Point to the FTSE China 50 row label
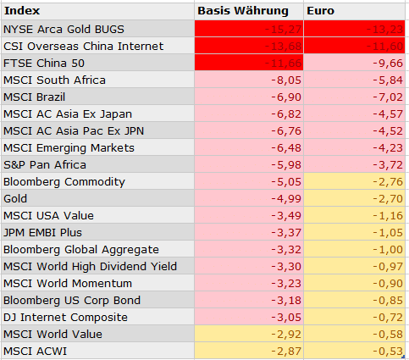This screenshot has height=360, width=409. [x=45, y=63]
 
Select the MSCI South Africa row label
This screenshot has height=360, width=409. [x=55, y=80]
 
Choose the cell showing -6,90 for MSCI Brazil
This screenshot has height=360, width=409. [x=284, y=97]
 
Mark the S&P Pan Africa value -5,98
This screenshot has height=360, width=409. [x=284, y=164]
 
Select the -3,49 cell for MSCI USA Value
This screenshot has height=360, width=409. [x=284, y=215]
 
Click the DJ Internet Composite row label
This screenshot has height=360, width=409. [x=66, y=317]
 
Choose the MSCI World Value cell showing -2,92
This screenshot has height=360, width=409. [x=284, y=334]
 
